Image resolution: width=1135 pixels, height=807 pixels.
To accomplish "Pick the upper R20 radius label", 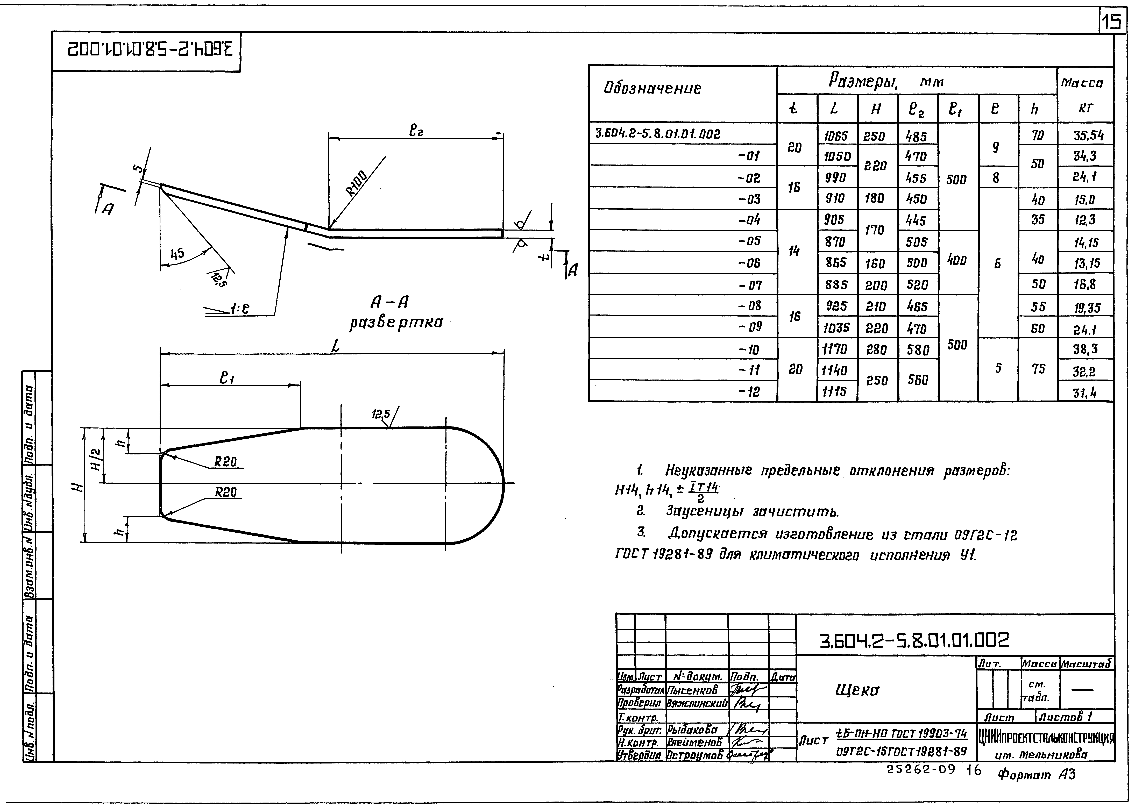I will coord(226,462).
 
